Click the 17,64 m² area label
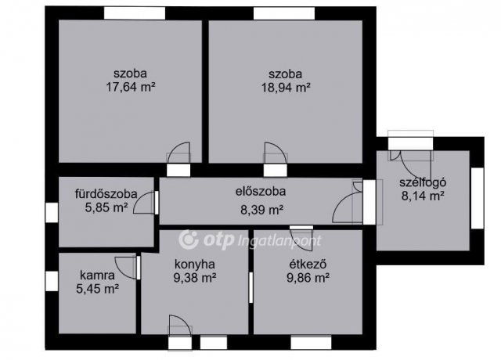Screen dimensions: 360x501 (x=130, y=88)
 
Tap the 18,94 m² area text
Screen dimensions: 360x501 (x=286, y=88)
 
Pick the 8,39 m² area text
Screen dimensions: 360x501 (x=261, y=209)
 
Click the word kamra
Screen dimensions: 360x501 (x=98, y=275)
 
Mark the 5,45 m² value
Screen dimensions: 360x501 (x=98, y=289)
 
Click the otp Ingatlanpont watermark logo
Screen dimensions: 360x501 (x=250, y=240)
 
